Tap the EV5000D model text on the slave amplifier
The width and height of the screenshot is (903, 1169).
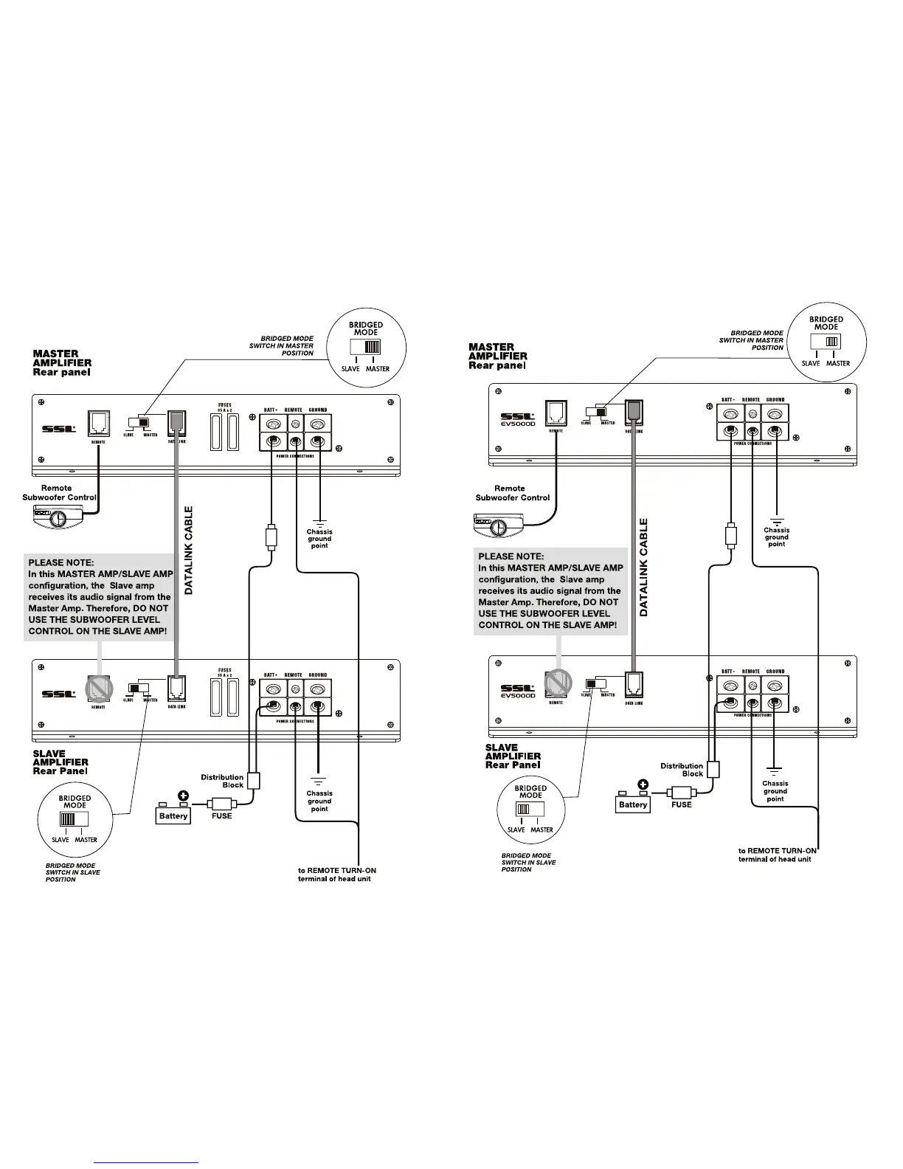tap(518, 695)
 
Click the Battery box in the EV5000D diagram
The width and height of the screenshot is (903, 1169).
tap(633, 804)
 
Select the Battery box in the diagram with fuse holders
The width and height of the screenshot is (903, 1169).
tap(173, 815)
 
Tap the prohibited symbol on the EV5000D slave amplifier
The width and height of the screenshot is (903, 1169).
tap(558, 683)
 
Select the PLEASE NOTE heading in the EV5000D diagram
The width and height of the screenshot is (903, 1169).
tap(511, 556)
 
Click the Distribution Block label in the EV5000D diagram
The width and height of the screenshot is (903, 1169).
tap(682, 770)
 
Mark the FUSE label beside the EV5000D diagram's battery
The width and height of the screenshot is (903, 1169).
tap(682, 804)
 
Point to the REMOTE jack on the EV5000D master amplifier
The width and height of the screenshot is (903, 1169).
tap(556, 412)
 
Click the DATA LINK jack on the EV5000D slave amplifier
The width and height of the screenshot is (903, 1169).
tap(634, 683)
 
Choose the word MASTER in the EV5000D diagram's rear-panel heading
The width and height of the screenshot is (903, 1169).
tap(491, 347)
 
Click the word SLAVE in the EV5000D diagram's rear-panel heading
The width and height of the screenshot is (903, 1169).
tap(502, 748)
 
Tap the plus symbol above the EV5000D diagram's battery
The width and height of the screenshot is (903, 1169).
tap(643, 784)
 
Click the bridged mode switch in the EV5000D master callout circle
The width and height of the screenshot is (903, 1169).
tap(826, 342)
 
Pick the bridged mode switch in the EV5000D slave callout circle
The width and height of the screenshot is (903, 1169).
tap(530, 809)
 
